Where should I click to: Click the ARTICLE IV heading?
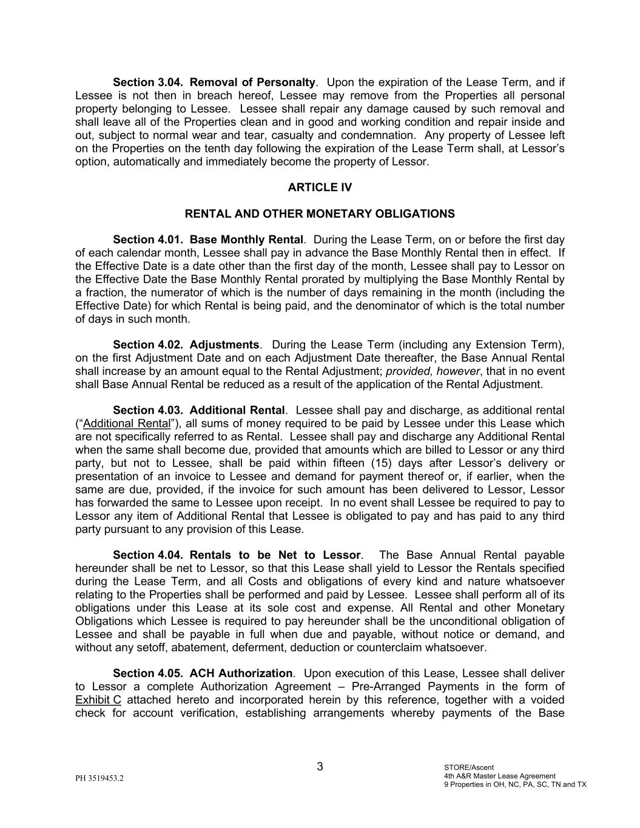(320, 187)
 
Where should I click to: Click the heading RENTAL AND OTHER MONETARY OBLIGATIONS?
(320, 214)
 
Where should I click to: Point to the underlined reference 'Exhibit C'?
(98, 700)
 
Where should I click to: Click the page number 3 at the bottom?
(320, 767)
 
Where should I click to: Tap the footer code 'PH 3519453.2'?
(99, 778)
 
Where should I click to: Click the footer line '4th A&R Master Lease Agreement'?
(499, 776)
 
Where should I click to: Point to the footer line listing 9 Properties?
(515, 784)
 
